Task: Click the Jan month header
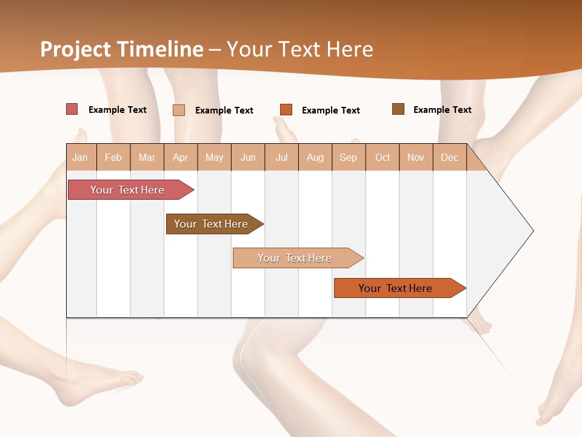coord(80,157)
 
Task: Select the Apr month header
coord(180,157)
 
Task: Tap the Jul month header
coord(281,157)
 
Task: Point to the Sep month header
coord(348,157)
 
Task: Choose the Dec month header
coord(449,157)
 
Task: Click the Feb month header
coord(113,157)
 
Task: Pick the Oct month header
coord(383,157)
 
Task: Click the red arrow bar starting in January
coord(127,190)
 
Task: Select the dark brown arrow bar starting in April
coord(211,224)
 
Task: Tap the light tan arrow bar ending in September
coord(295,258)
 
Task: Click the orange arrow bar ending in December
coord(395,288)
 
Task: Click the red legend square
coord(72,109)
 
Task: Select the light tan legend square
coord(178,110)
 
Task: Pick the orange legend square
coord(286,109)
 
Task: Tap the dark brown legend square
coord(398,109)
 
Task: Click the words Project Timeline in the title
coord(121,49)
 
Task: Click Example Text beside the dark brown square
coord(442,109)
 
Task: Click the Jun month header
coord(248,157)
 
